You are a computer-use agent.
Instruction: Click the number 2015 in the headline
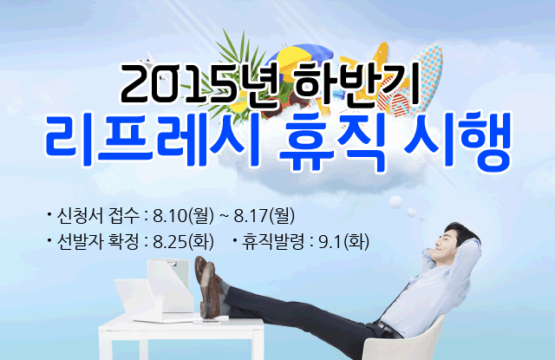179,83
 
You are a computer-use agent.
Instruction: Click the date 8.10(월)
183,216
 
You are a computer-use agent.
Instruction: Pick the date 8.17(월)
264,216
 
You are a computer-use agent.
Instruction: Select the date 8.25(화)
183,242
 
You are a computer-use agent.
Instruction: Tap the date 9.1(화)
344,242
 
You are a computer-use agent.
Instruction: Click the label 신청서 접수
98,216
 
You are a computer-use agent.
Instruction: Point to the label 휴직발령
272,242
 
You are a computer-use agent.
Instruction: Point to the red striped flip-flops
394,105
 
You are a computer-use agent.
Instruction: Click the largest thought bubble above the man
395,202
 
